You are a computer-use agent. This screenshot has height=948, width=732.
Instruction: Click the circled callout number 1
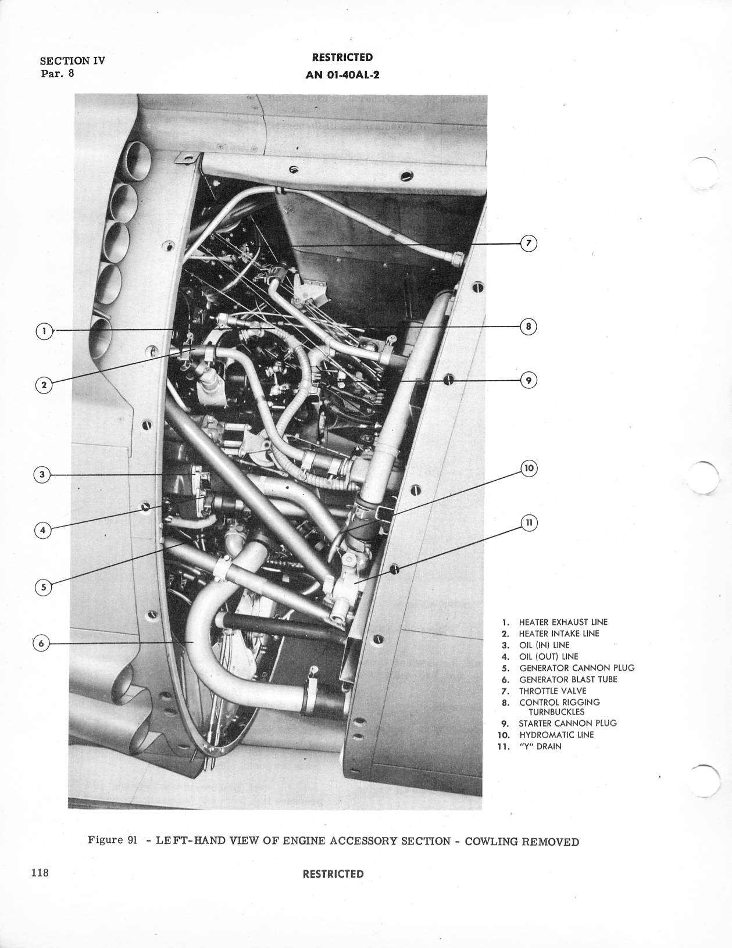click(x=44, y=331)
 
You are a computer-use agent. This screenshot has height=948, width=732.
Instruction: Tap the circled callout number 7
click(x=529, y=243)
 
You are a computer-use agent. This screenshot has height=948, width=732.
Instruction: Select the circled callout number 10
click(x=529, y=468)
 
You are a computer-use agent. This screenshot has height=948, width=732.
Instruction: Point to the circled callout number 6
click(x=41, y=643)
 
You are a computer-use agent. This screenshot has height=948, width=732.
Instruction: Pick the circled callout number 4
click(x=43, y=531)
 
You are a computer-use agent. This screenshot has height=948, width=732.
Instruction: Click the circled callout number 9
click(x=529, y=381)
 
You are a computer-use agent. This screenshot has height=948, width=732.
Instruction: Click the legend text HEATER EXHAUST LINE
click(x=563, y=622)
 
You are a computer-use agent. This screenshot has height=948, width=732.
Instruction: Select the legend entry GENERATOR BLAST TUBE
click(x=568, y=679)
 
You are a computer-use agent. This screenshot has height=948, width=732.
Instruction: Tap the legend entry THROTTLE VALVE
click(x=553, y=691)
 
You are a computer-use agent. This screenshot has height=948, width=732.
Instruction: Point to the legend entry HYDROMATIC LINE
click(x=556, y=735)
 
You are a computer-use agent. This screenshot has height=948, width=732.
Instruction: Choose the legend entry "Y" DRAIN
click(x=540, y=746)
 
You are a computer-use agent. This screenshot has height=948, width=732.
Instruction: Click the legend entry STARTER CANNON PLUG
click(x=567, y=723)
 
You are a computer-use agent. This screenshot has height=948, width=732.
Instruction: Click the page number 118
click(x=40, y=872)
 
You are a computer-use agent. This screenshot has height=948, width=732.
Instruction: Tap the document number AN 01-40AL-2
click(x=342, y=74)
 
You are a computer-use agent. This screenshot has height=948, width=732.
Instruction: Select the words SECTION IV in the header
click(x=73, y=60)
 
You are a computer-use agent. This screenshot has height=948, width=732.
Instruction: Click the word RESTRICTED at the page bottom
click(x=333, y=874)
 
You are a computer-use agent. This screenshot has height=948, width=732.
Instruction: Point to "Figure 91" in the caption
click(x=113, y=840)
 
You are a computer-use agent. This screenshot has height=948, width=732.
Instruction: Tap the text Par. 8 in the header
click(x=58, y=73)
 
